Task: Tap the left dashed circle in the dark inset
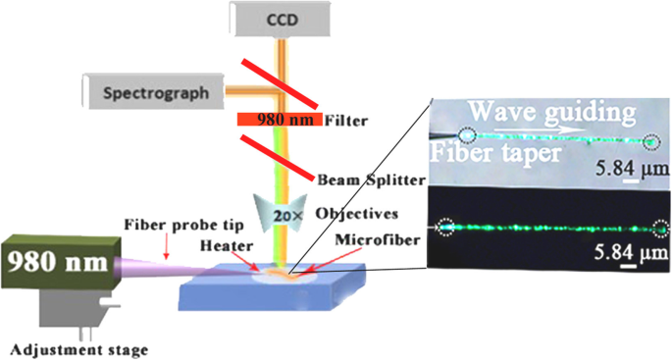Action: (446, 228)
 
